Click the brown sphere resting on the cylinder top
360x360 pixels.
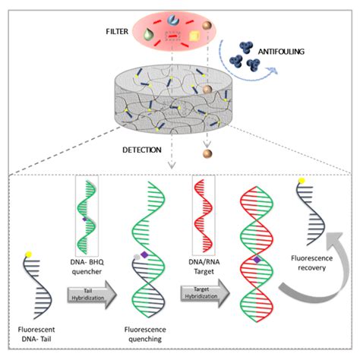[x=206, y=91]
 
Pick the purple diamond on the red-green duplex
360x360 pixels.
[x=257, y=260]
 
